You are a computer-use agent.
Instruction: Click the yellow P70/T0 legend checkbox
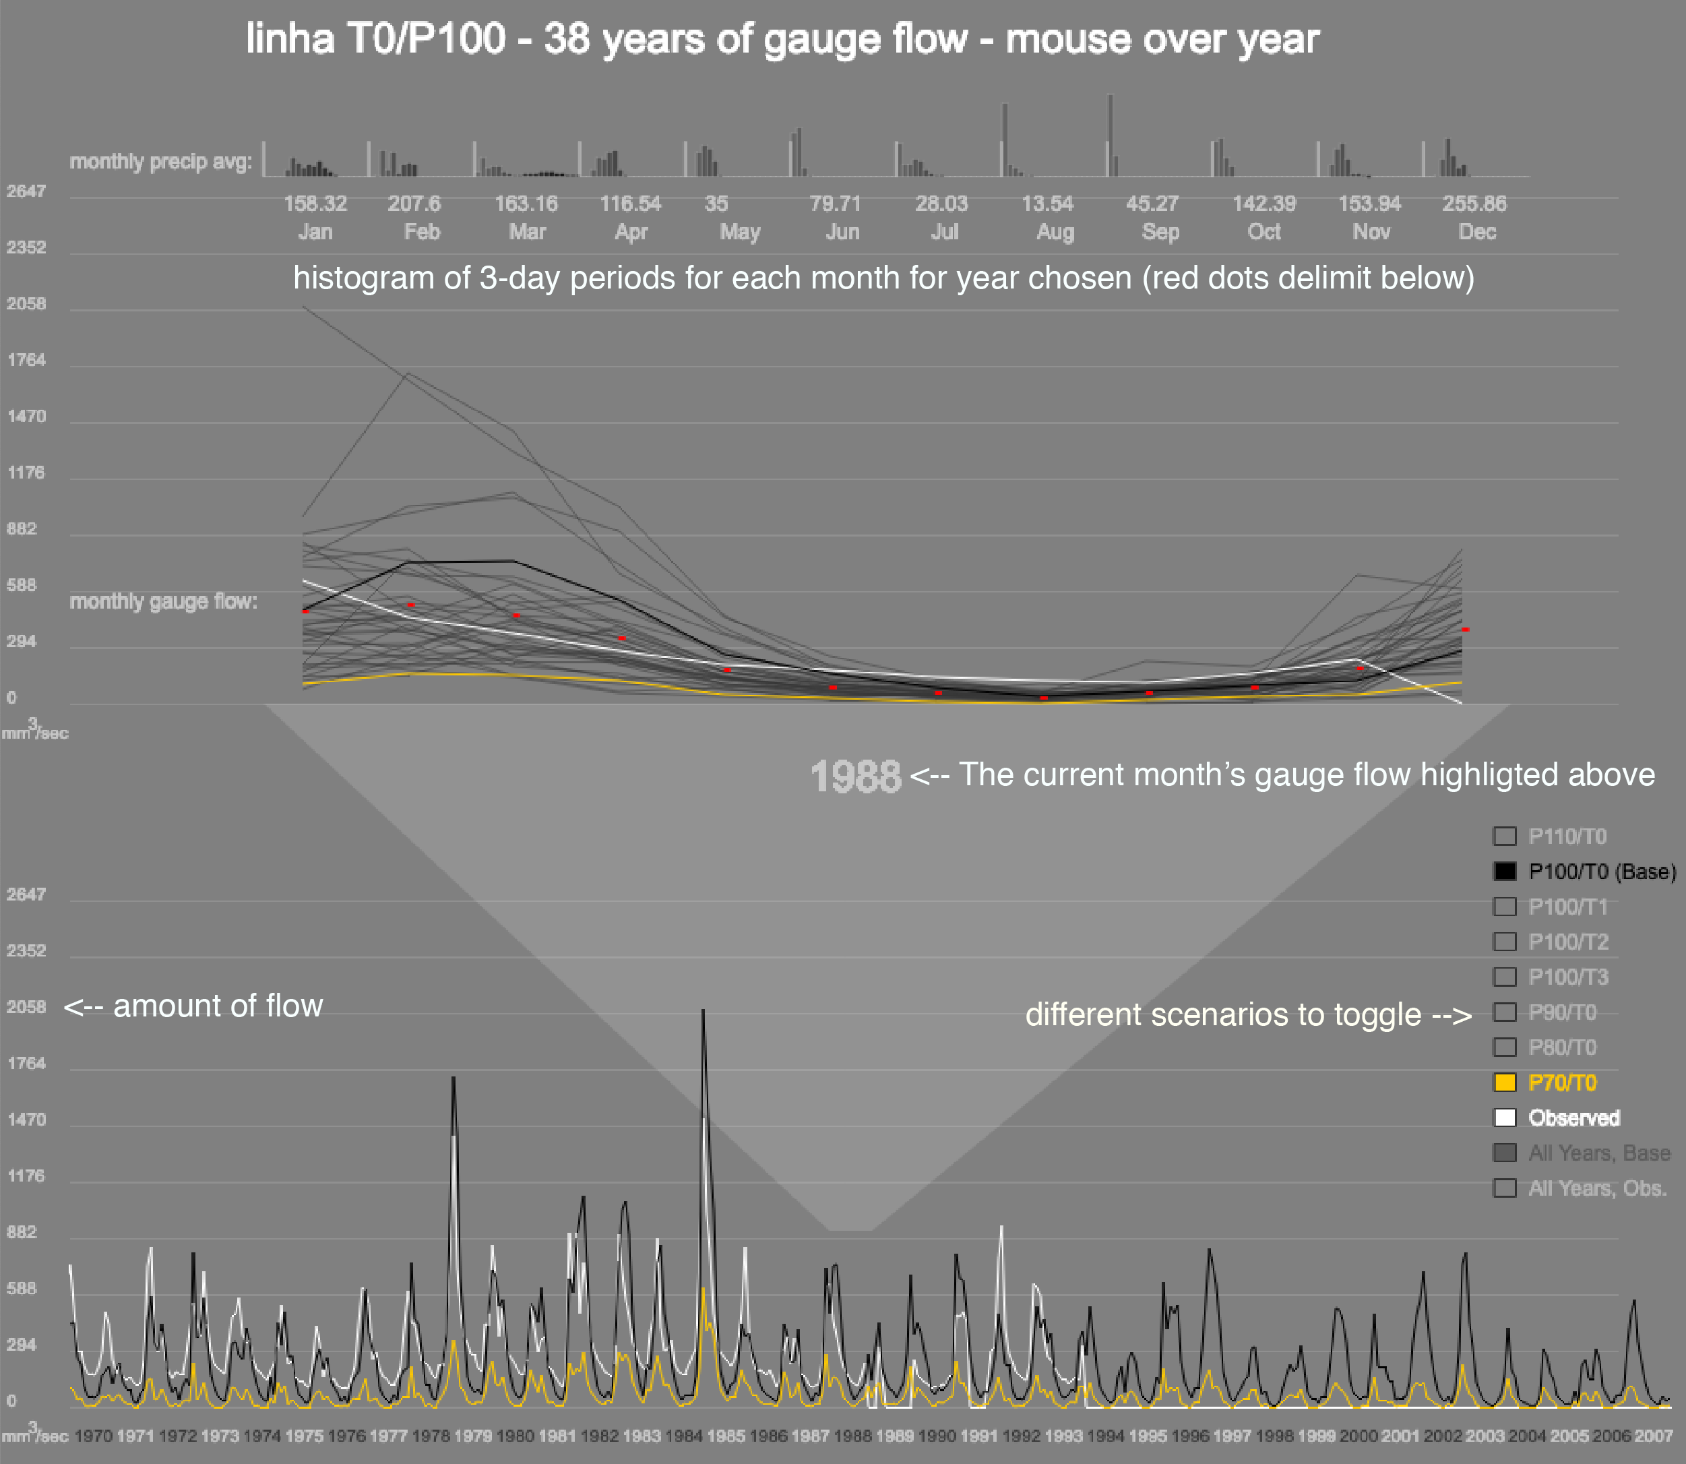pos(1505,1082)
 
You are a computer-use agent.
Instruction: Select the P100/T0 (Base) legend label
pos(1602,872)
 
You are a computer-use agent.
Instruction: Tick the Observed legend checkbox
pos(1505,1118)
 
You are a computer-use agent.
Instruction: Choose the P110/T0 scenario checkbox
pos(1505,836)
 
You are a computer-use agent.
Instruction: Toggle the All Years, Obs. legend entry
pos(1597,1188)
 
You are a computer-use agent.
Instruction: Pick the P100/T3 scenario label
pos(1568,977)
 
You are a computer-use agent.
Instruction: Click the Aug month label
pos(1055,232)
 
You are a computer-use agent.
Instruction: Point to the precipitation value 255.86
pos(1474,204)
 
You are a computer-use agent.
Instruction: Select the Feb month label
pos(422,232)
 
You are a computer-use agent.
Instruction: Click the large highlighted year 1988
pos(855,776)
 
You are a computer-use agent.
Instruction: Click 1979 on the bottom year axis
pos(472,1436)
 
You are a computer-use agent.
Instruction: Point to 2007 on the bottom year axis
pos(1654,1436)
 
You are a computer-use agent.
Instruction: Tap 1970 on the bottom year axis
pos(93,1436)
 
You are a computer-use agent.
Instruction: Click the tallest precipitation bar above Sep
pos(1110,135)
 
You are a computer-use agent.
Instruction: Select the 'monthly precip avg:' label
pos(161,162)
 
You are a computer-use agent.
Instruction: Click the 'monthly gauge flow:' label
pos(163,601)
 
